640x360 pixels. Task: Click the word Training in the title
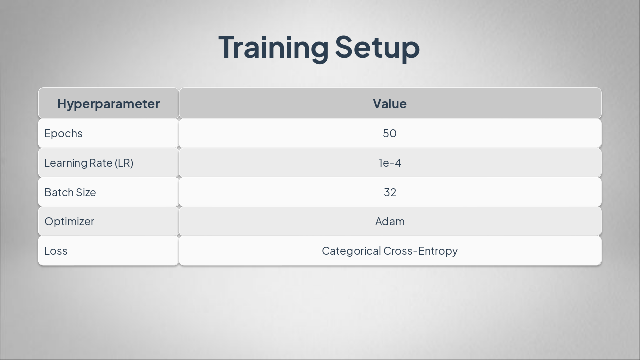coord(273,47)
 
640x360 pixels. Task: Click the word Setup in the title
coord(377,47)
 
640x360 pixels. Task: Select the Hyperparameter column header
coord(108,103)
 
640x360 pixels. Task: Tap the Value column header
coord(390,103)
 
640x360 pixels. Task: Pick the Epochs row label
coord(63,133)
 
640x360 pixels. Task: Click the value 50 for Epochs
coord(390,133)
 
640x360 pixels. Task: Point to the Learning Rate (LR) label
coord(89,163)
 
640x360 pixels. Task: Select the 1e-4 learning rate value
coord(390,163)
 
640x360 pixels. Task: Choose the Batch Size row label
coord(70,192)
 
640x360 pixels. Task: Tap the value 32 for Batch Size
coord(390,192)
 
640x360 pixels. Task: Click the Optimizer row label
coord(69,221)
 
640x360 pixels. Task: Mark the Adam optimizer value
coord(390,221)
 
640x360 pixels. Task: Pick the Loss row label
coord(56,251)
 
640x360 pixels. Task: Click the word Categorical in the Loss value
coord(351,251)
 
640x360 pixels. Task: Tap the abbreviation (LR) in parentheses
coord(124,163)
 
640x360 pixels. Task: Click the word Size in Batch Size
coord(86,192)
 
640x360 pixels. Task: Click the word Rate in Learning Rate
coord(100,163)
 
